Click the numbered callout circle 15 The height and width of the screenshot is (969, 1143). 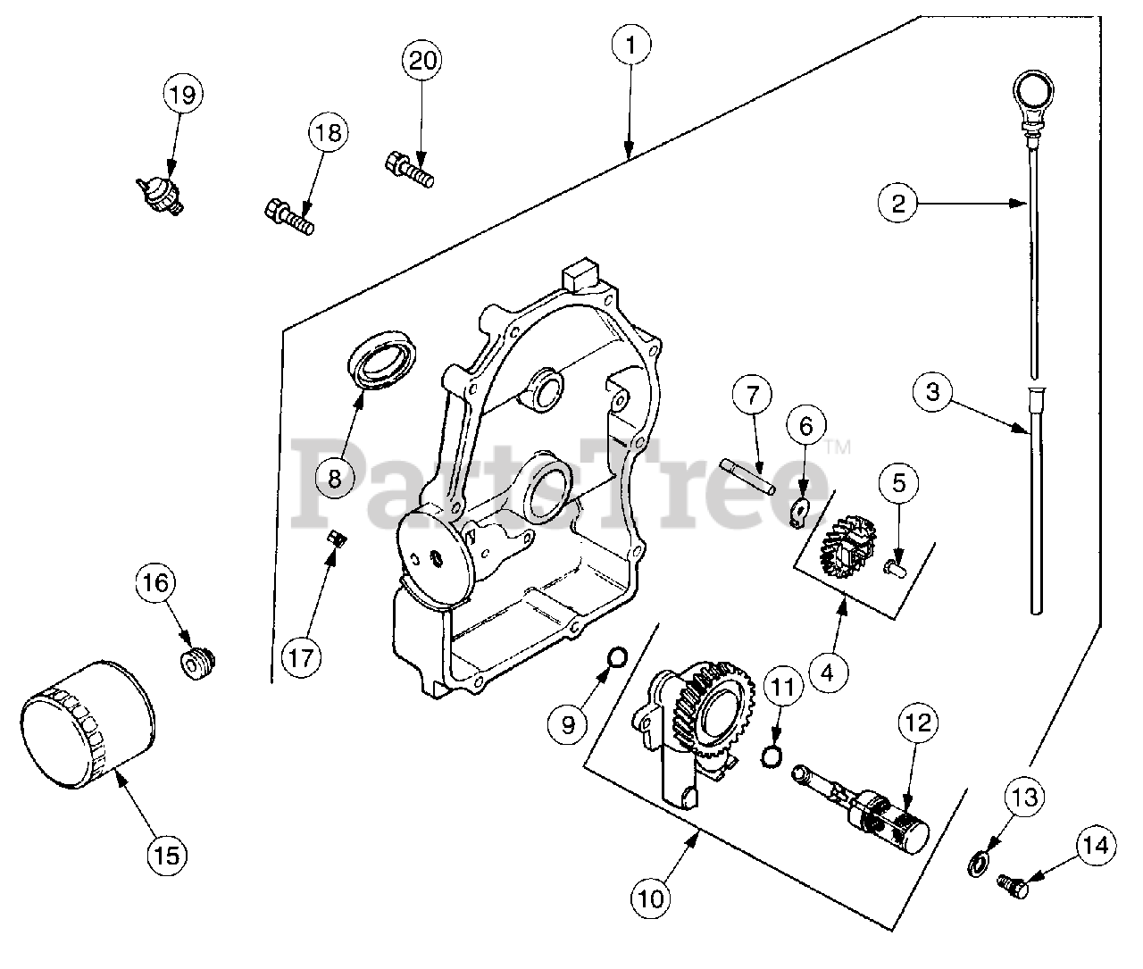168,855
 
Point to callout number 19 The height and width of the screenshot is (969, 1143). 182,95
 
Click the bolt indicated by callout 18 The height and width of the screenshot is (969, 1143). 288,215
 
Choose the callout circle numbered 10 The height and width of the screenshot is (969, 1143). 653,899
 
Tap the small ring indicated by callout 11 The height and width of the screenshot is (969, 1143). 771,757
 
